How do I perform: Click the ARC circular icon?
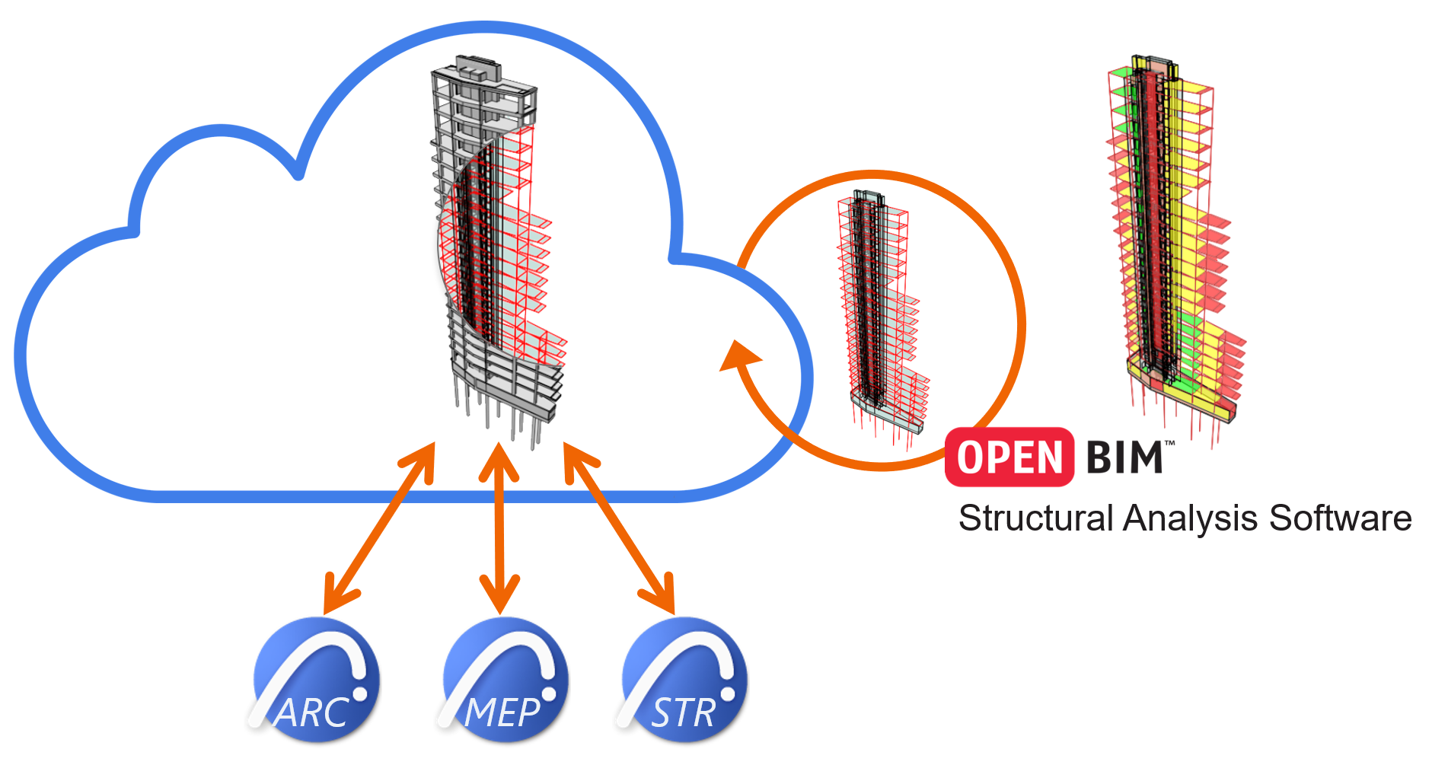click(317, 680)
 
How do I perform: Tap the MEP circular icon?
click(506, 680)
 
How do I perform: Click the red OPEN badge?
click(1009, 457)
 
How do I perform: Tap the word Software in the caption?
click(1340, 519)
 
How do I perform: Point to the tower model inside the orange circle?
click(882, 312)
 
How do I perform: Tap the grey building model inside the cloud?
click(495, 244)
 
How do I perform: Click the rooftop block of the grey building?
click(478, 68)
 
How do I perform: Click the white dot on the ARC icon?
click(359, 693)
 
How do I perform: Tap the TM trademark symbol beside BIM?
click(1170, 443)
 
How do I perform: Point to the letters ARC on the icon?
click(312, 713)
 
